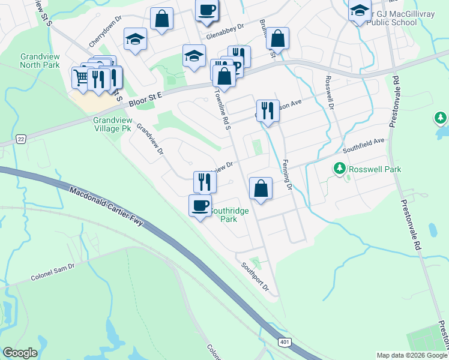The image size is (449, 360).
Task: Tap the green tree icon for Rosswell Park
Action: click(x=340, y=169)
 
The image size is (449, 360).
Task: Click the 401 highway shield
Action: click(x=284, y=341)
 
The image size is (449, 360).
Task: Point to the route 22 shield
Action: click(x=21, y=139)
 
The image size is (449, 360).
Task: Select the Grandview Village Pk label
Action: click(x=112, y=124)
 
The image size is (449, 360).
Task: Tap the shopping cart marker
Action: click(x=81, y=77)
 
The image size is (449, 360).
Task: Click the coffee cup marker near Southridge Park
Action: click(x=200, y=206)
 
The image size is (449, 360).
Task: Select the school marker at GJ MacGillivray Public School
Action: click(x=360, y=10)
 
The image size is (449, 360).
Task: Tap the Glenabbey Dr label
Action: click(x=225, y=31)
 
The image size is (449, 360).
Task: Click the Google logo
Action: click(x=20, y=353)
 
